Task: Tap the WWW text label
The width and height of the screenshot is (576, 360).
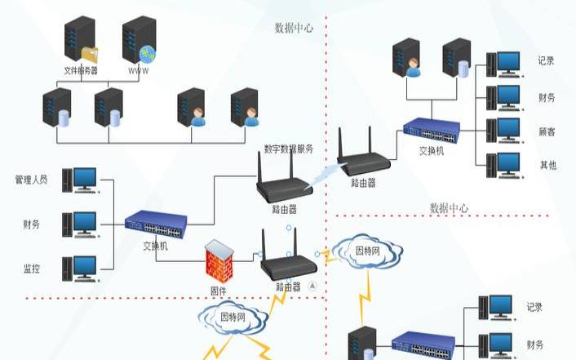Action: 139,71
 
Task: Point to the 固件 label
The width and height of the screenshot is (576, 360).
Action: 218,290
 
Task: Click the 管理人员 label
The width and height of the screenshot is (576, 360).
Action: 31,179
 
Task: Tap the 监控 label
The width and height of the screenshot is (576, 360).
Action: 32,267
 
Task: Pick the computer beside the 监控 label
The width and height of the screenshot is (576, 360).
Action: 84,267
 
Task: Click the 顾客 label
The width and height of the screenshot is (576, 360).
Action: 547,131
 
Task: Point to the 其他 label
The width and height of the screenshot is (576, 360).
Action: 547,165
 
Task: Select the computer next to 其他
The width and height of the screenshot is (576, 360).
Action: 503,163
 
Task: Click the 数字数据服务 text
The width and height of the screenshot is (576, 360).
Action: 288,149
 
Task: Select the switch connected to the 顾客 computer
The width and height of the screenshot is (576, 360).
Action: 432,129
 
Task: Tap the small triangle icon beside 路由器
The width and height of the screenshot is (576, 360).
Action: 312,287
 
